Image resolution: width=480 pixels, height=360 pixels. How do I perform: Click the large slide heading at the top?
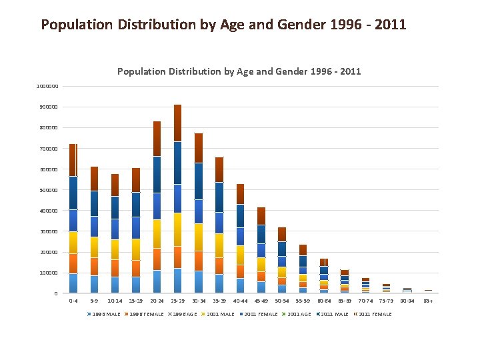[x=223, y=25]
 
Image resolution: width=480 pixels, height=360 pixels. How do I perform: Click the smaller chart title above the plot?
[x=239, y=71]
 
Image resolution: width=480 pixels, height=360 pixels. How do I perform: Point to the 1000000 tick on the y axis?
[x=47, y=86]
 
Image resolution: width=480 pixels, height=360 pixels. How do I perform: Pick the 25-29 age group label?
[x=177, y=301]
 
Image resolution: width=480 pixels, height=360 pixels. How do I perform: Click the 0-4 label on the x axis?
[x=73, y=301]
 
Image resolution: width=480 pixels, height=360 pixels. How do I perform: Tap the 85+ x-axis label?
[x=428, y=301]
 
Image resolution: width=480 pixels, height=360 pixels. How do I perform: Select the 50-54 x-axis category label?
[x=282, y=301]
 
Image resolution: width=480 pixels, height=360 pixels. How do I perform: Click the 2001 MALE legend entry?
[x=219, y=314]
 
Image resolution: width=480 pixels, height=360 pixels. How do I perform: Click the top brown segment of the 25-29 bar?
[x=177, y=123]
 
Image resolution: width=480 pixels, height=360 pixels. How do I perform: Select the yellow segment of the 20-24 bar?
[x=157, y=233]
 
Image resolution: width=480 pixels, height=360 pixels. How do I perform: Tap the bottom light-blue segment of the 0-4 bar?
[x=73, y=283]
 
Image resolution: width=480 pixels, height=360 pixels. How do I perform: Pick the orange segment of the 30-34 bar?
[x=199, y=260]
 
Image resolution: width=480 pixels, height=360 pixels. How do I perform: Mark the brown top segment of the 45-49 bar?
[x=261, y=216]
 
